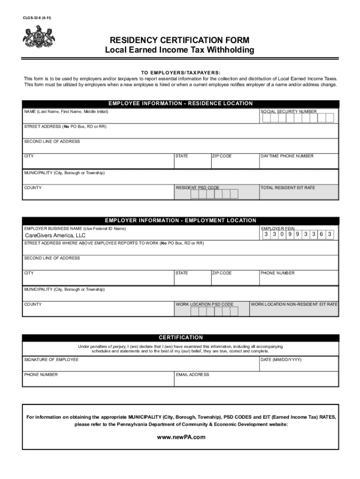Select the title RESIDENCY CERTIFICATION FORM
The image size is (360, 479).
[x=180, y=40]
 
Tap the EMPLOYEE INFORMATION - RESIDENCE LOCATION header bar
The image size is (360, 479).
[x=180, y=103]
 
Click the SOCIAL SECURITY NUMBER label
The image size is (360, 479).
[x=288, y=112]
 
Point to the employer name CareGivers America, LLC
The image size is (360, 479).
[x=55, y=235]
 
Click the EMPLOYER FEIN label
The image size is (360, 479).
[x=278, y=228]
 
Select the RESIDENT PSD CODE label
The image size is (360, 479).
[x=197, y=188]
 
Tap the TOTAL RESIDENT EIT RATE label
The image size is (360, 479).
[x=288, y=188]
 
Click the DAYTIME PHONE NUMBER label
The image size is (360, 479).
[x=287, y=156]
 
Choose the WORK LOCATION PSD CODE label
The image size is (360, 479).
[x=204, y=305]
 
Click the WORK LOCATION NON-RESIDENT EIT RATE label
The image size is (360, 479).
[x=294, y=305]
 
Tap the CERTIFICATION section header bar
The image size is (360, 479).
[x=180, y=337]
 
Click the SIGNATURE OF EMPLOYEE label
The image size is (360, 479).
[x=51, y=359]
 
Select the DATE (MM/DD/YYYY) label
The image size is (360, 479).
[x=281, y=359]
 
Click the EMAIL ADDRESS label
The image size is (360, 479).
[x=193, y=375]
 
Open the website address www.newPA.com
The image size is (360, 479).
[x=180, y=437]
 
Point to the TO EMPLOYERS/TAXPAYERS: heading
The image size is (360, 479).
[x=180, y=73]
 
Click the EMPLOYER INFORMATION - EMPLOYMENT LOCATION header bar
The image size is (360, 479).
[x=180, y=220]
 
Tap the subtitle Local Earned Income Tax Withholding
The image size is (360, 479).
[x=180, y=51]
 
